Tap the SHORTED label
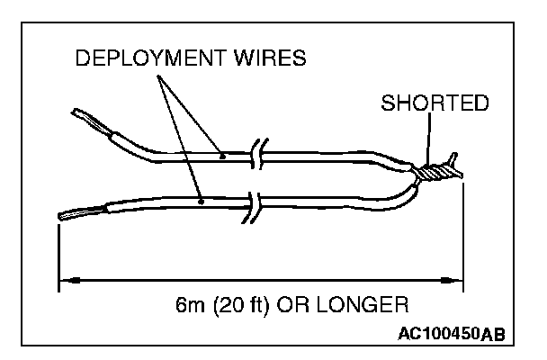[x=435, y=103]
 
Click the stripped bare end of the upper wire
[x=86, y=119]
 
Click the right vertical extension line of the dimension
[x=463, y=234]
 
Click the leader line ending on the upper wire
[x=189, y=112]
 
